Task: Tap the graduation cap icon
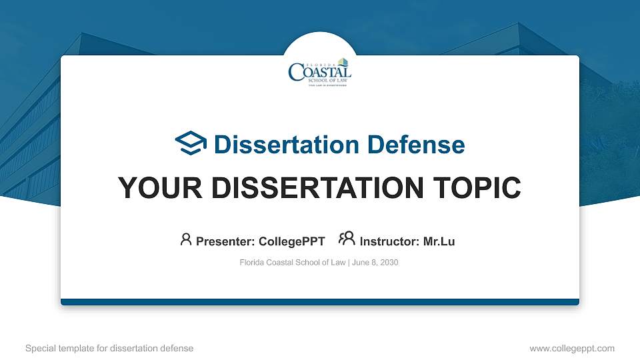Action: pos(191,144)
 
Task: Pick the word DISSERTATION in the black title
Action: pos(313,188)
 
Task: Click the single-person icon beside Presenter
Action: pos(186,239)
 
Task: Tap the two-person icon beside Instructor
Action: pos(347,239)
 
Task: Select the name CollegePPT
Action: pos(291,241)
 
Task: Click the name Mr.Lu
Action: pos(439,241)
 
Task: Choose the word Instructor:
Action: pos(389,241)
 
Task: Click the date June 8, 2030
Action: pos(375,263)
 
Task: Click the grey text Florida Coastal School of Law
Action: pos(292,263)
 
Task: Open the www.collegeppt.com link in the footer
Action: pos(572,348)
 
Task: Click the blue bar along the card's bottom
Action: pos(320,302)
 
